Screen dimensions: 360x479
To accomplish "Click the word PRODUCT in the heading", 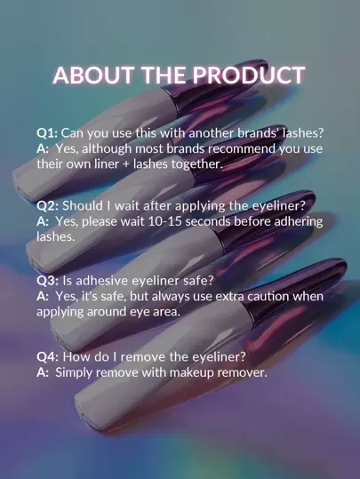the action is coord(249,76).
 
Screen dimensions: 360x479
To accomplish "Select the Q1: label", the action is coord(47,133).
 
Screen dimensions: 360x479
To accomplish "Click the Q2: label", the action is coord(47,206).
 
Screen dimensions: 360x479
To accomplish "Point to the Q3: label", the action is coord(47,281).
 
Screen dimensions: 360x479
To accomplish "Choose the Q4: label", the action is coord(48,357).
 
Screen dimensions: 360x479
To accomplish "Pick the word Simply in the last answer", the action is coord(74,373).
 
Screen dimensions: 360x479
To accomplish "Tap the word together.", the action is coord(196,164).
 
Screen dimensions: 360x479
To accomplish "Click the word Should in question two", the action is coord(83,206).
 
